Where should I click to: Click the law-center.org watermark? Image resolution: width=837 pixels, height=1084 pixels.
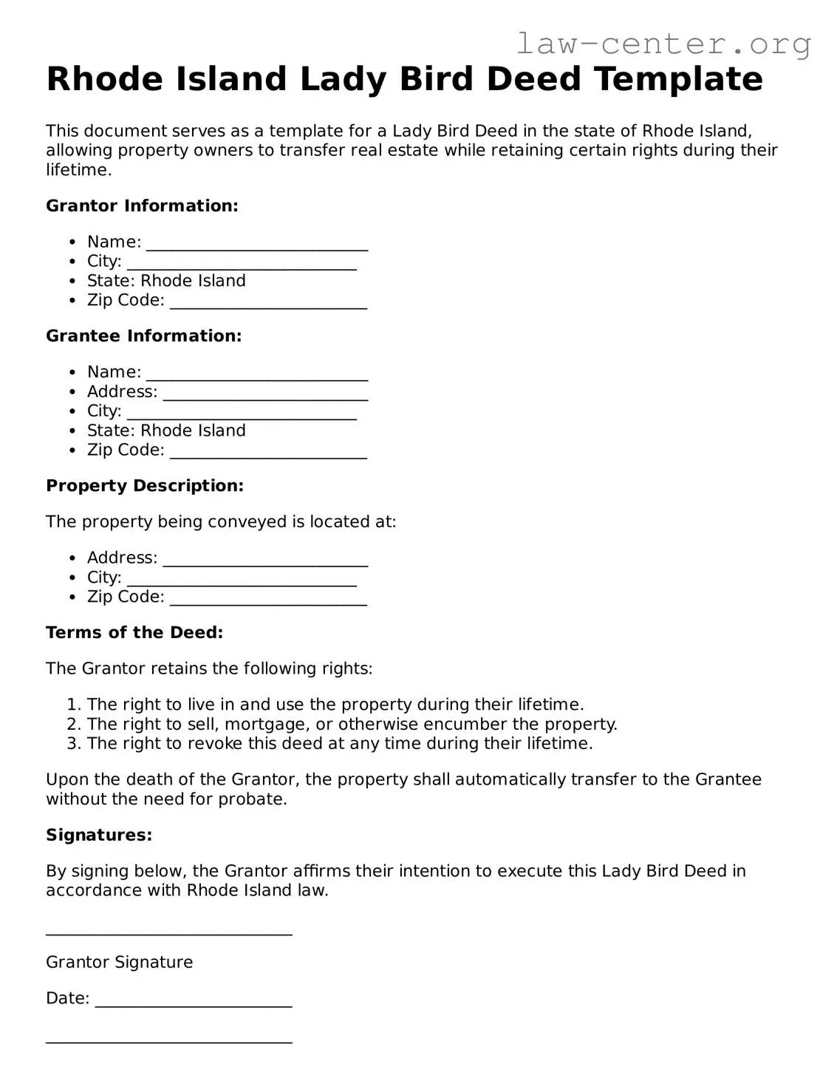(x=663, y=44)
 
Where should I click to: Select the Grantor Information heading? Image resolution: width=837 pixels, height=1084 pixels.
(x=142, y=206)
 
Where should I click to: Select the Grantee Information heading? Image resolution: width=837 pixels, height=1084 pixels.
(x=143, y=336)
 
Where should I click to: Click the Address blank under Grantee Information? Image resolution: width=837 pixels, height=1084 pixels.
(x=265, y=393)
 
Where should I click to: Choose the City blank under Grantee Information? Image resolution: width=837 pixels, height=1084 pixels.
(x=242, y=413)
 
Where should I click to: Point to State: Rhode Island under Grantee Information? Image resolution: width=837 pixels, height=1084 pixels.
(x=166, y=430)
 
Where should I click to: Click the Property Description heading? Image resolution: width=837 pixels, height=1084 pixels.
(x=145, y=486)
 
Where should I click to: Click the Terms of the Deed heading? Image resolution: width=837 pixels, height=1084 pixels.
(x=134, y=632)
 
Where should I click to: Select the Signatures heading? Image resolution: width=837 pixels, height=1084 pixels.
(x=99, y=835)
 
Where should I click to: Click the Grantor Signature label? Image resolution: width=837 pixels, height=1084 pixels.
(x=119, y=962)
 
